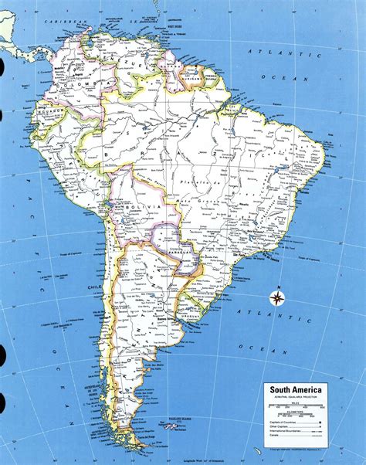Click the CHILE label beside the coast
[95, 287]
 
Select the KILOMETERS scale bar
[297, 413]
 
